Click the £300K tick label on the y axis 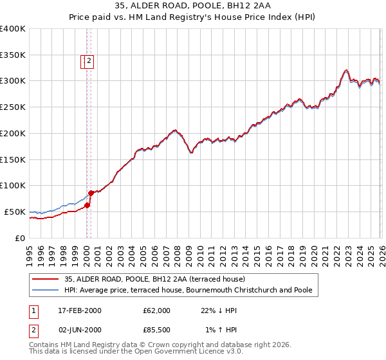click(x=12, y=81)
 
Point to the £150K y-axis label click(x=12, y=159)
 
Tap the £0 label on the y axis click(x=19, y=238)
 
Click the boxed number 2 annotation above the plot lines click(x=89, y=62)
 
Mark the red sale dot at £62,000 click(x=87, y=205)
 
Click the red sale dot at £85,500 click(x=91, y=193)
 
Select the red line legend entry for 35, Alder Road click(x=154, y=279)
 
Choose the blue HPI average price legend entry click(x=188, y=291)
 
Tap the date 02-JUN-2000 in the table click(x=79, y=330)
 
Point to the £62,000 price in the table click(x=156, y=310)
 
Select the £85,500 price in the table click(x=156, y=330)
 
